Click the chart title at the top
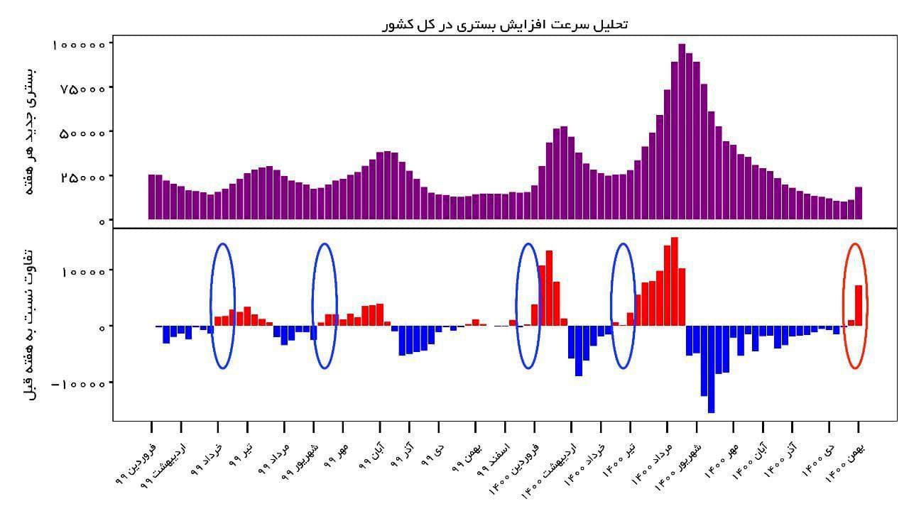pyautogui.click(x=504, y=24)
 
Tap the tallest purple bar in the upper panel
pyautogui.click(x=682, y=132)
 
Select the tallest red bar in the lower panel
pyautogui.click(x=675, y=281)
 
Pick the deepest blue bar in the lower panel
pyautogui.click(x=712, y=369)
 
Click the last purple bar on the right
pyautogui.click(x=859, y=203)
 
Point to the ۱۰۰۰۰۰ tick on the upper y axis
pyautogui.click(x=82, y=44)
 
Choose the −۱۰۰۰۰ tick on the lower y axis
pyautogui.click(x=79, y=384)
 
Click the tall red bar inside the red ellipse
pyautogui.click(x=859, y=305)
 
